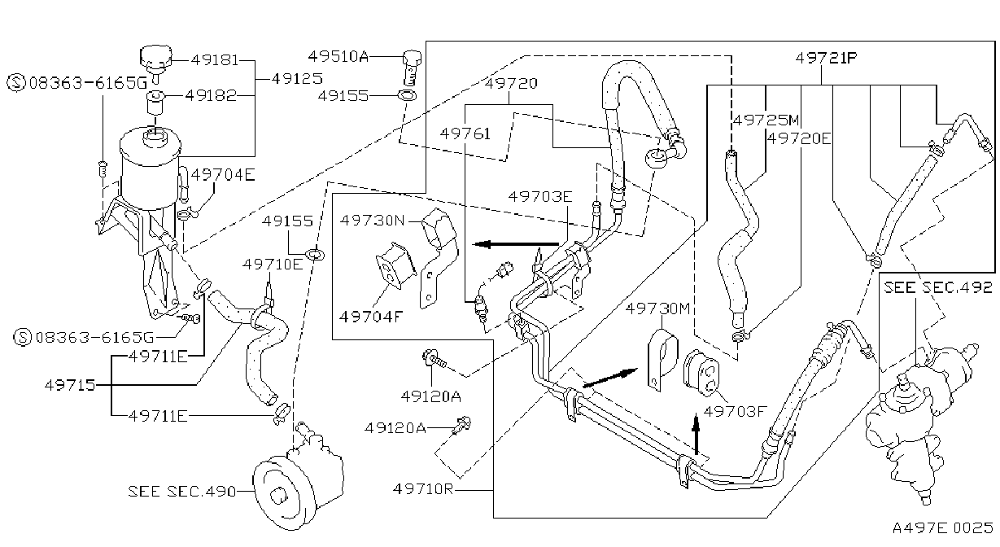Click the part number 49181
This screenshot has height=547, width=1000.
pyautogui.click(x=215, y=59)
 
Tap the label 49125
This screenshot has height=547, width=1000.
pyautogui.click(x=297, y=79)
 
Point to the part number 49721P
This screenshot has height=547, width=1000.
pyautogui.click(x=827, y=58)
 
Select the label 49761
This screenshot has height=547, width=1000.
pyautogui.click(x=465, y=133)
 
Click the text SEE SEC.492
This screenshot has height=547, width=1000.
pyautogui.click(x=938, y=287)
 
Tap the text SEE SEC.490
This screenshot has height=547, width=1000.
pyautogui.click(x=181, y=491)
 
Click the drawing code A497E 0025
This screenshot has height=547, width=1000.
pyautogui.click(x=942, y=527)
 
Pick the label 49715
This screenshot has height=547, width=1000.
pyautogui.click(x=70, y=384)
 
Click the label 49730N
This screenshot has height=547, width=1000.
pyautogui.click(x=372, y=220)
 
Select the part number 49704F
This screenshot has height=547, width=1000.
pyautogui.click(x=371, y=317)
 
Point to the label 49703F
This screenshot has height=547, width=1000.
pyautogui.click(x=735, y=411)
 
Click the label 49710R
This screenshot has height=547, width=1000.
pyautogui.click(x=423, y=489)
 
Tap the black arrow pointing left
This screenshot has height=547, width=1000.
pyautogui.click(x=516, y=244)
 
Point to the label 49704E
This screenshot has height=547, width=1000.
pyautogui.click(x=223, y=174)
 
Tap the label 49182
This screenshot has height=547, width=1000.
pyautogui.click(x=211, y=95)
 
